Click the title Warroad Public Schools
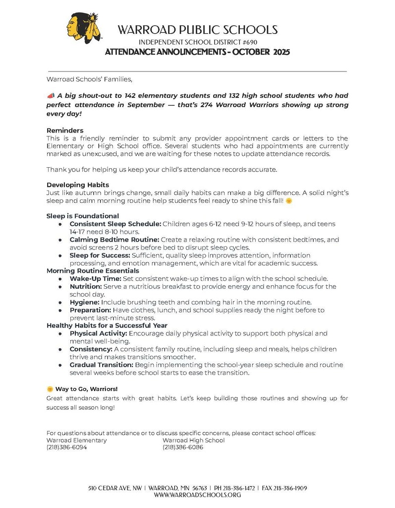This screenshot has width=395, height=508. (x=197, y=30)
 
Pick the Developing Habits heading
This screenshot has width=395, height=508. (x=77, y=185)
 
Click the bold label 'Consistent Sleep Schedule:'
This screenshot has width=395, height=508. (x=115, y=224)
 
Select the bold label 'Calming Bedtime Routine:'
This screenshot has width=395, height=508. (x=114, y=240)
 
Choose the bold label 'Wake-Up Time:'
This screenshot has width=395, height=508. (x=94, y=279)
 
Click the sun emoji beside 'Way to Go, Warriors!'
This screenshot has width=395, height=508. (x=50, y=388)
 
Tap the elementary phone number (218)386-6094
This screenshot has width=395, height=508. (x=66, y=447)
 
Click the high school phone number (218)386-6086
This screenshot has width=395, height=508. (x=182, y=447)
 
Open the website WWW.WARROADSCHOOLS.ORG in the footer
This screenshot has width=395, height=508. (x=197, y=495)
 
